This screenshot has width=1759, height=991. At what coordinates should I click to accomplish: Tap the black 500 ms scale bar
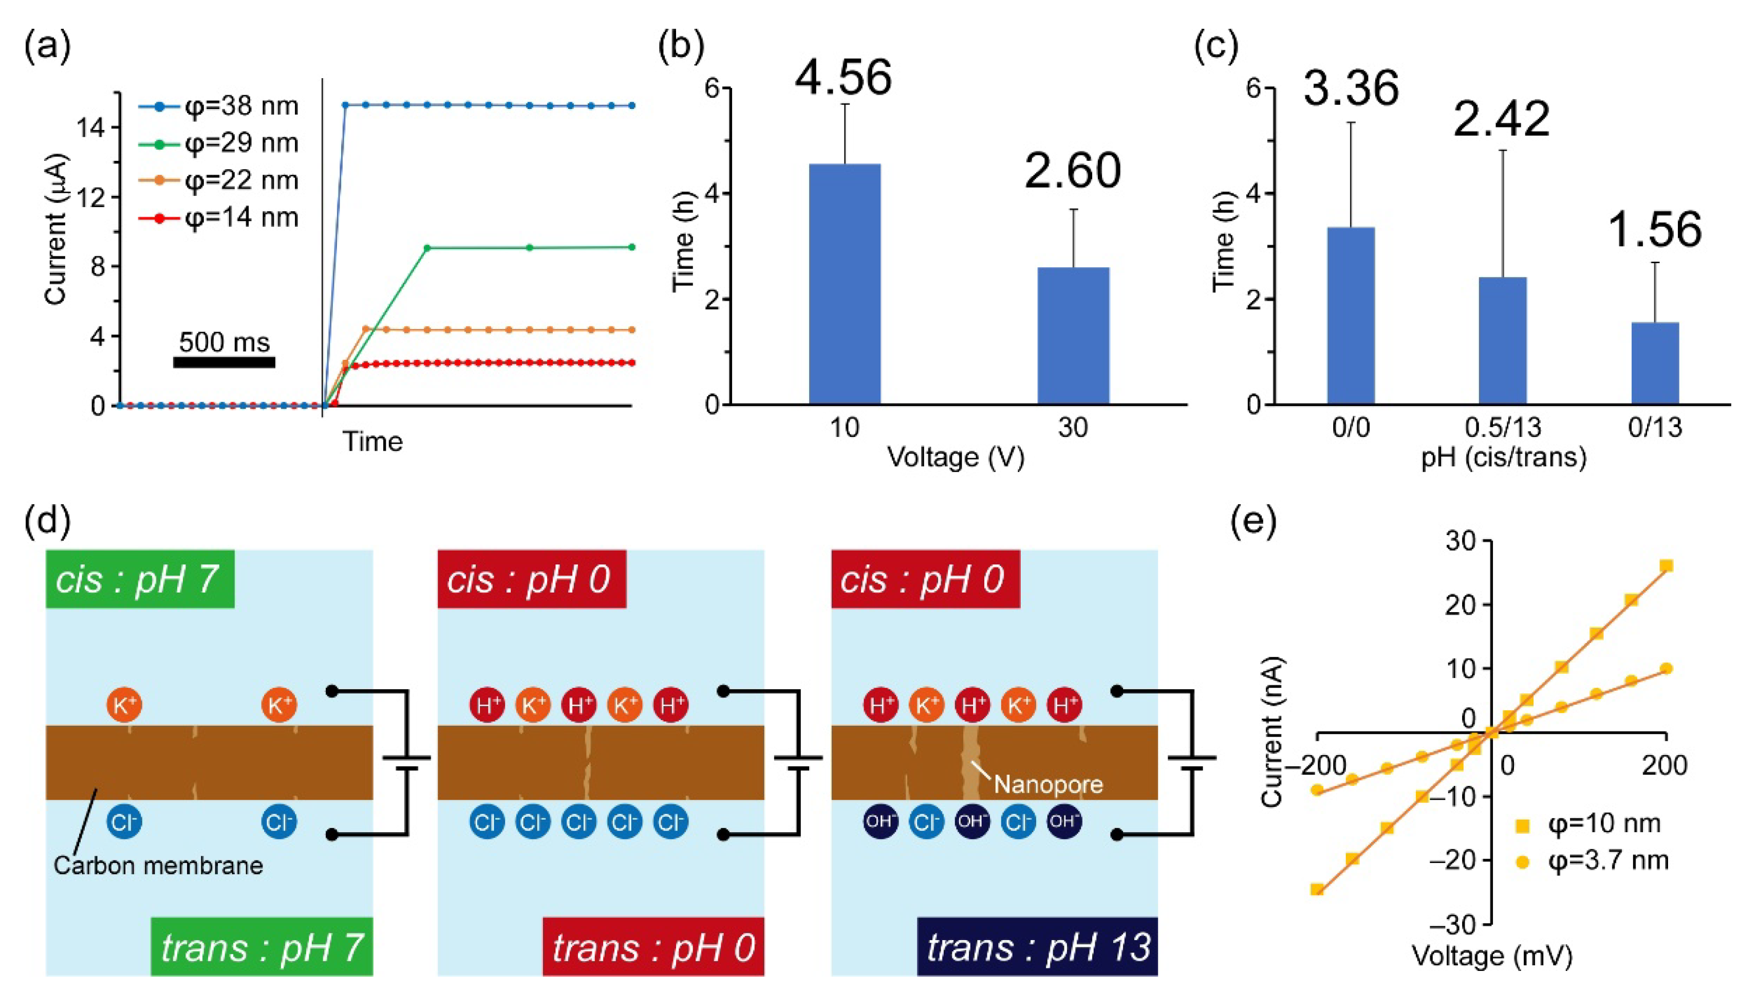(224, 362)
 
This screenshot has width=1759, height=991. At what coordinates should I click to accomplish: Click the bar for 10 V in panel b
(845, 283)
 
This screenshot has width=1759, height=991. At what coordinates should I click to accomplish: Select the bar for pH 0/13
(1655, 363)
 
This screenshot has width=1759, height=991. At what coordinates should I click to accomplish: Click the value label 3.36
(1351, 89)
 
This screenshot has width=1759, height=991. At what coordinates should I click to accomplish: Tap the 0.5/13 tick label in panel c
(1503, 428)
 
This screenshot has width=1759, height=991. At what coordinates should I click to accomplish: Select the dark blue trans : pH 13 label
(1038, 947)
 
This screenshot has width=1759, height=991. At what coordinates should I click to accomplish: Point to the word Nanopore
(1048, 784)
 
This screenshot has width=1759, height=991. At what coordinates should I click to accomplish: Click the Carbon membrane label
(158, 866)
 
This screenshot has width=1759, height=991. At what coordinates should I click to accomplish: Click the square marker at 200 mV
(1666, 565)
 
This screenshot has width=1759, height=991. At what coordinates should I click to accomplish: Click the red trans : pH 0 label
(653, 947)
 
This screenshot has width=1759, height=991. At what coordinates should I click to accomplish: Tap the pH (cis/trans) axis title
(1504, 457)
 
